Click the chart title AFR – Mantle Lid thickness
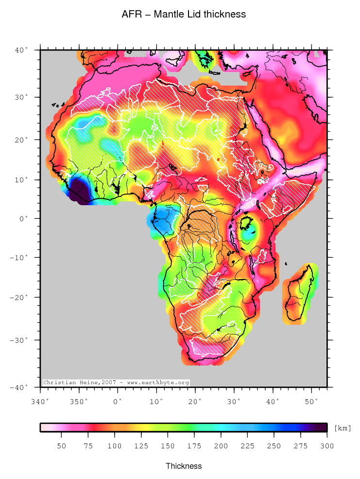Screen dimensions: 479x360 point(184,15)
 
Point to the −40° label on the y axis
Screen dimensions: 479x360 point(20,388)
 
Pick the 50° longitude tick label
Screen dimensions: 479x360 point(311,401)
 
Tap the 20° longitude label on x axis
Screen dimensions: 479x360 point(195,401)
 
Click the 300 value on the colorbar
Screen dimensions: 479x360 point(326,446)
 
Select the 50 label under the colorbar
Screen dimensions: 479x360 point(61,446)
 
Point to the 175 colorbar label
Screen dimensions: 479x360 point(194,446)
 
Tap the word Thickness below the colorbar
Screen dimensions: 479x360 point(183,466)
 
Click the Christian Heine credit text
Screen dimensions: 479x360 point(116,383)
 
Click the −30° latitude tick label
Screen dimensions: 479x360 point(20,340)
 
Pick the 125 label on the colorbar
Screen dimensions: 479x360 point(141,446)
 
